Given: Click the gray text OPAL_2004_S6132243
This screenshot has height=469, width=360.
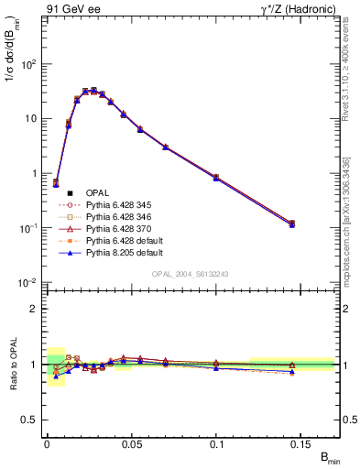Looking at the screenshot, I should pyautogui.click(x=191, y=274).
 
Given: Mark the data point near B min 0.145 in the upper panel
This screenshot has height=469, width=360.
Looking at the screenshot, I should pyautogui.click(x=292, y=224).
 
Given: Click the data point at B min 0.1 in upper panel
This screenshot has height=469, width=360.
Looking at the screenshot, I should pyautogui.click(x=216, y=177).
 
